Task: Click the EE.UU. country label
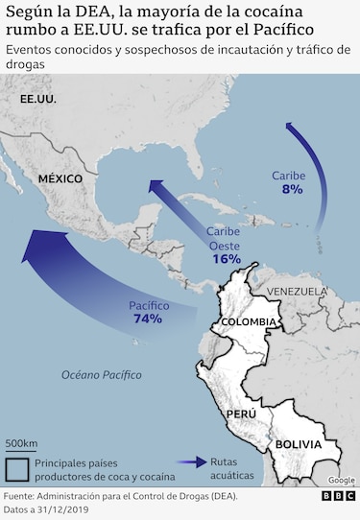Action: coord(37,99)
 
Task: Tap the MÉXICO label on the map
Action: coord(60,178)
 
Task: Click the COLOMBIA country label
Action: coord(248,321)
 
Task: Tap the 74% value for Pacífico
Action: coord(148,319)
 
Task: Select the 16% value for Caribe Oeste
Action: coord(227,259)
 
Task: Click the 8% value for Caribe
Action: coord(292,190)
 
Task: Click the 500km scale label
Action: coord(21,443)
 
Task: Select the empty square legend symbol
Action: coord(16,468)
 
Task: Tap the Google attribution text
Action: coord(341,480)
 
